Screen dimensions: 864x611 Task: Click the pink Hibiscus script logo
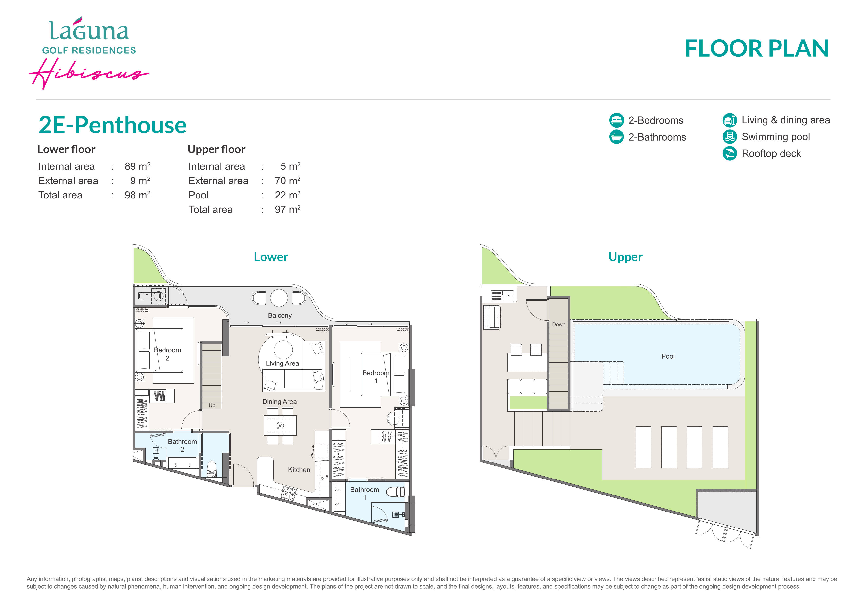pos(89,73)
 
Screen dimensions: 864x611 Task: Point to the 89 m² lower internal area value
pos(137,166)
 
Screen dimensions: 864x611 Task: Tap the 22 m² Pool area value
pos(287,195)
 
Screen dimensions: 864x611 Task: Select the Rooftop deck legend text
pos(771,153)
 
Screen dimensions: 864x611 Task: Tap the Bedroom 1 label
pos(376,377)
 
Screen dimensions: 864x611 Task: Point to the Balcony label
pos(280,315)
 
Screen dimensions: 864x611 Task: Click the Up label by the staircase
pos(212,405)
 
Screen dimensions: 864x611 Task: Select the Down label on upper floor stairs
pos(558,324)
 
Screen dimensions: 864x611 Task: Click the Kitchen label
pos(299,470)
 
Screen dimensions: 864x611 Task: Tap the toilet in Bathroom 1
pos(395,491)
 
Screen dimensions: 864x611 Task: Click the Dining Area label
pos(279,401)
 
